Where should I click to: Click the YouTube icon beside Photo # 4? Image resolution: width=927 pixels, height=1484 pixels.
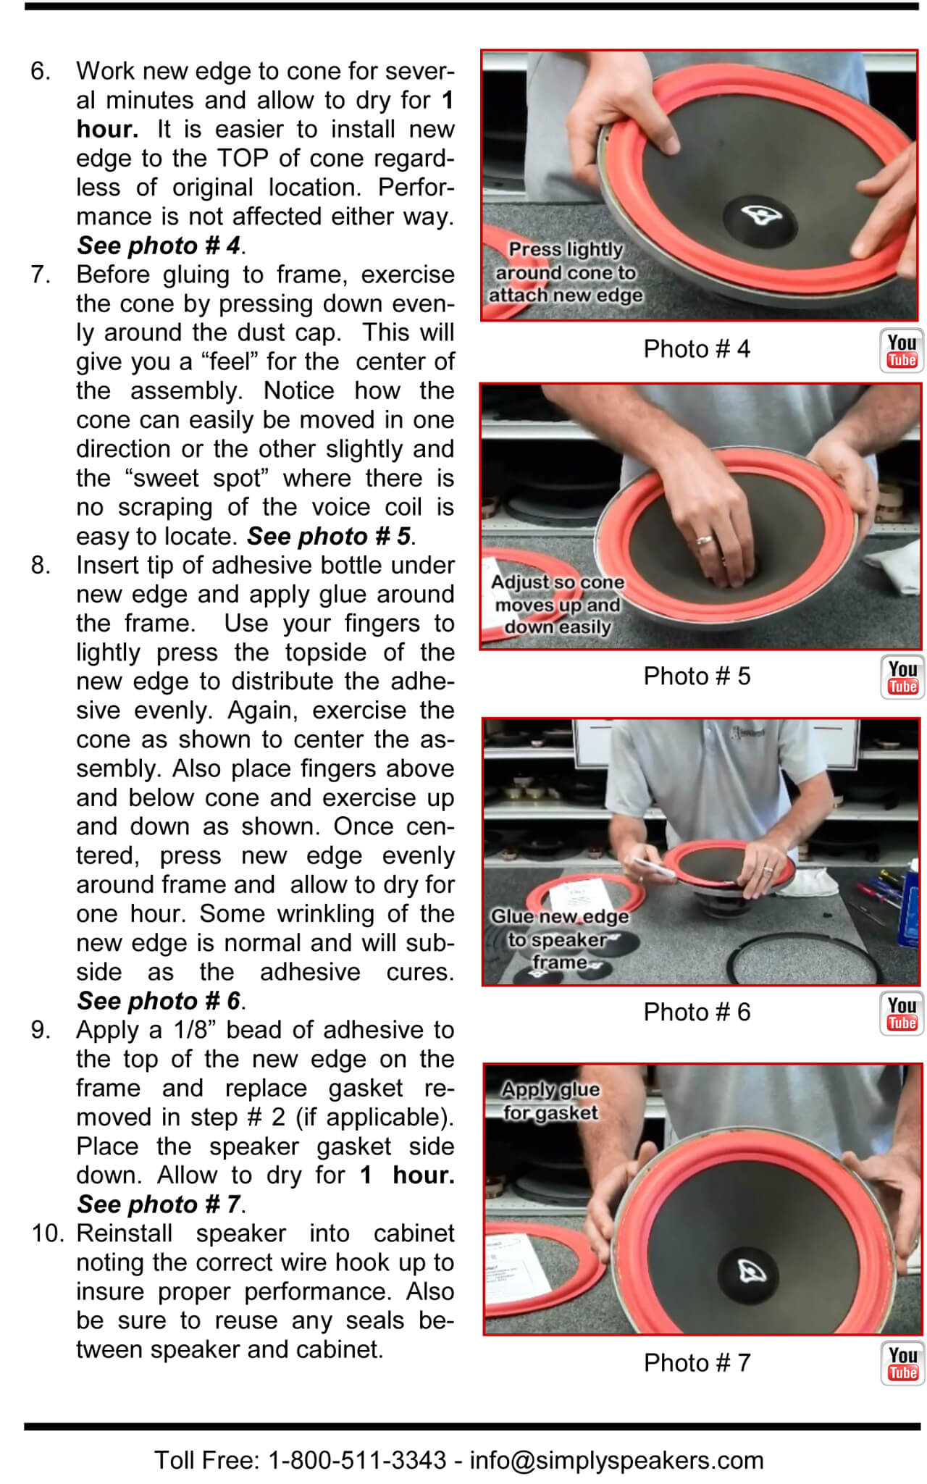pos(902,351)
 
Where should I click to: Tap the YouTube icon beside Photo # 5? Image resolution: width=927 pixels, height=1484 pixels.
pos(902,678)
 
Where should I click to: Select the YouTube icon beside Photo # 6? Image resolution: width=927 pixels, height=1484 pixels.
pos(902,1013)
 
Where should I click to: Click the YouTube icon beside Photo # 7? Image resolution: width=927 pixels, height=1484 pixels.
pos(902,1364)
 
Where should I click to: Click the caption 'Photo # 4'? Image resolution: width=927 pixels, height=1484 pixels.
pos(697,349)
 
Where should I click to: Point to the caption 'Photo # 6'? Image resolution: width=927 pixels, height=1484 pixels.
pos(697,1013)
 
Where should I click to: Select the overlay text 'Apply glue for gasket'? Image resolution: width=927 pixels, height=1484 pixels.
pos(550,1101)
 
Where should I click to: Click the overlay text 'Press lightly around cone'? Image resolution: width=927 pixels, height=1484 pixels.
pos(565,272)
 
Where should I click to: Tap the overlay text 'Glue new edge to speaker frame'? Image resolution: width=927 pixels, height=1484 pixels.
pos(560,939)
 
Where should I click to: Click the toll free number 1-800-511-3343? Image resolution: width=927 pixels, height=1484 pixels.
pos(357,1460)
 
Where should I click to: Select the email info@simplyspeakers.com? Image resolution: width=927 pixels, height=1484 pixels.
pos(616,1460)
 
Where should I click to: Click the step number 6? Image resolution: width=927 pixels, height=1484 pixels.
pos(41,71)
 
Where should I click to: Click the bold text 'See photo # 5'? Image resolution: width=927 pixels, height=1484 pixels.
pos(329,537)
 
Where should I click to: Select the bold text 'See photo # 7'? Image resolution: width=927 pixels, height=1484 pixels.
pos(159,1204)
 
